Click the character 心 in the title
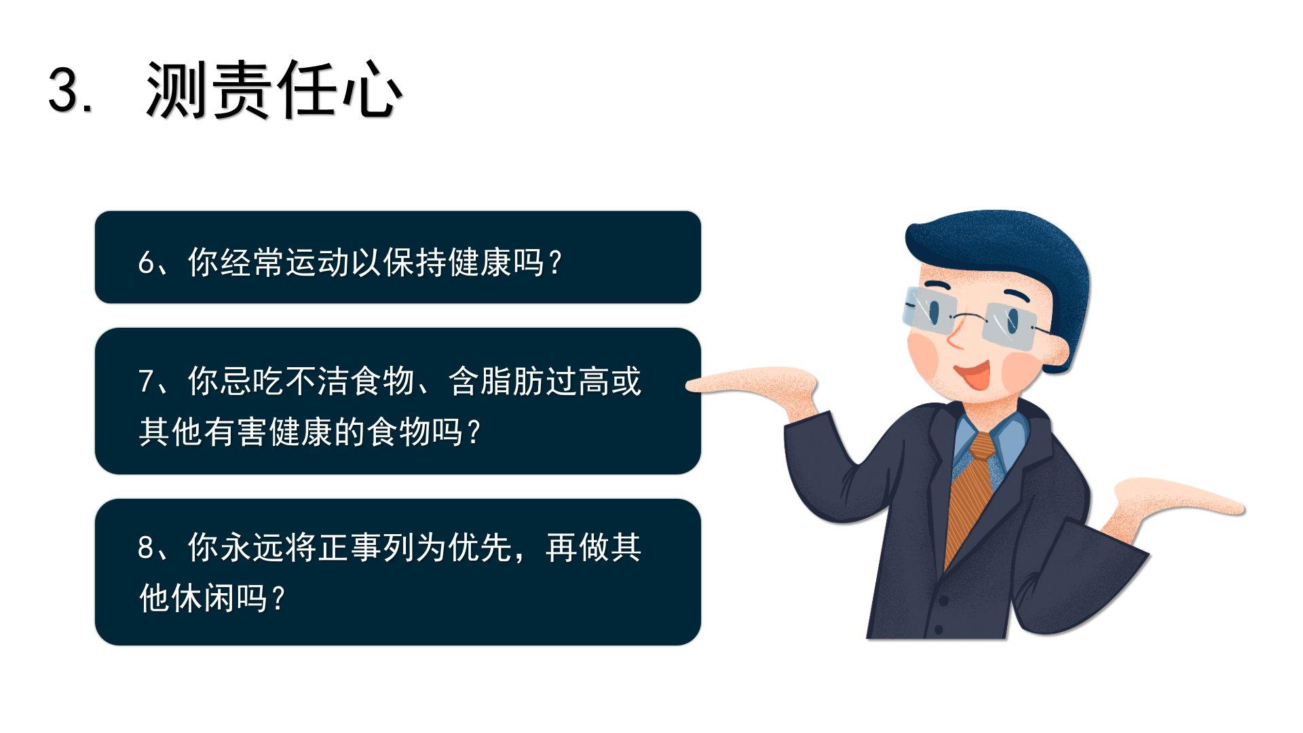(x=371, y=90)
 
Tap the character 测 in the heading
(x=176, y=90)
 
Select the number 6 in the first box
(x=146, y=263)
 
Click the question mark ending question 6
(x=554, y=263)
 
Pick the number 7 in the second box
(x=146, y=381)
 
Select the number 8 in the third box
(x=146, y=548)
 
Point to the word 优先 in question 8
(x=480, y=547)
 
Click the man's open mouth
(x=972, y=375)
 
